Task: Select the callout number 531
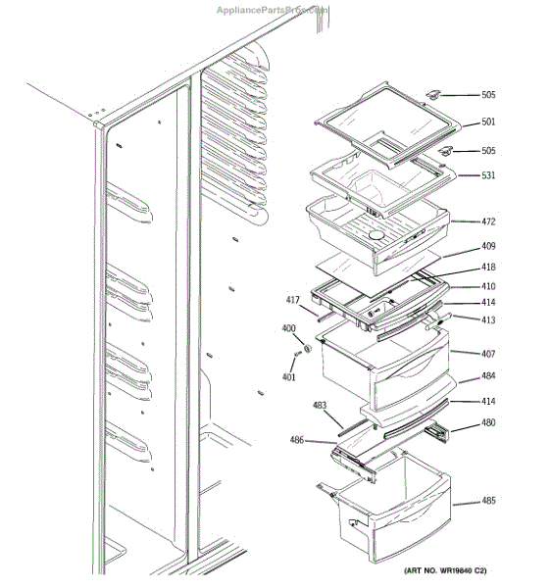point(487,175)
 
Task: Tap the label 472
point(487,221)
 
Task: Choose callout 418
point(487,268)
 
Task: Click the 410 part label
point(487,286)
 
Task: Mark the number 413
point(487,318)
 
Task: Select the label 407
point(487,353)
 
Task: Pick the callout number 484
point(487,377)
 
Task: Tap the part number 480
point(487,423)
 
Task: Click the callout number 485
point(487,501)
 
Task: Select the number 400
point(288,328)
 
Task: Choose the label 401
point(288,377)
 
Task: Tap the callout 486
point(296,440)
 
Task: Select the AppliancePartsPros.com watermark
point(273,8)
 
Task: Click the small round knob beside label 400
point(307,348)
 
